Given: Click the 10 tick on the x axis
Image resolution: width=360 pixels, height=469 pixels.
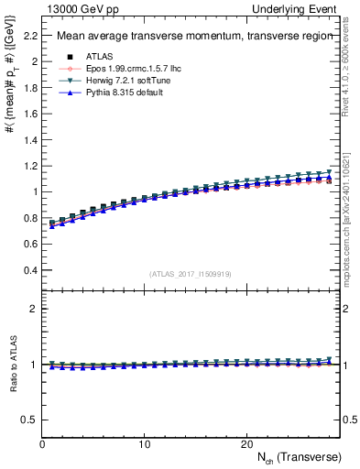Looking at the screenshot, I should coord(144,443).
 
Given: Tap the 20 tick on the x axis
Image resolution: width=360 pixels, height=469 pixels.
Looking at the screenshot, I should coord(245,443).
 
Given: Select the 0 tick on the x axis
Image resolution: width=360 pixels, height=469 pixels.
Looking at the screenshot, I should coord(42,443).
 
